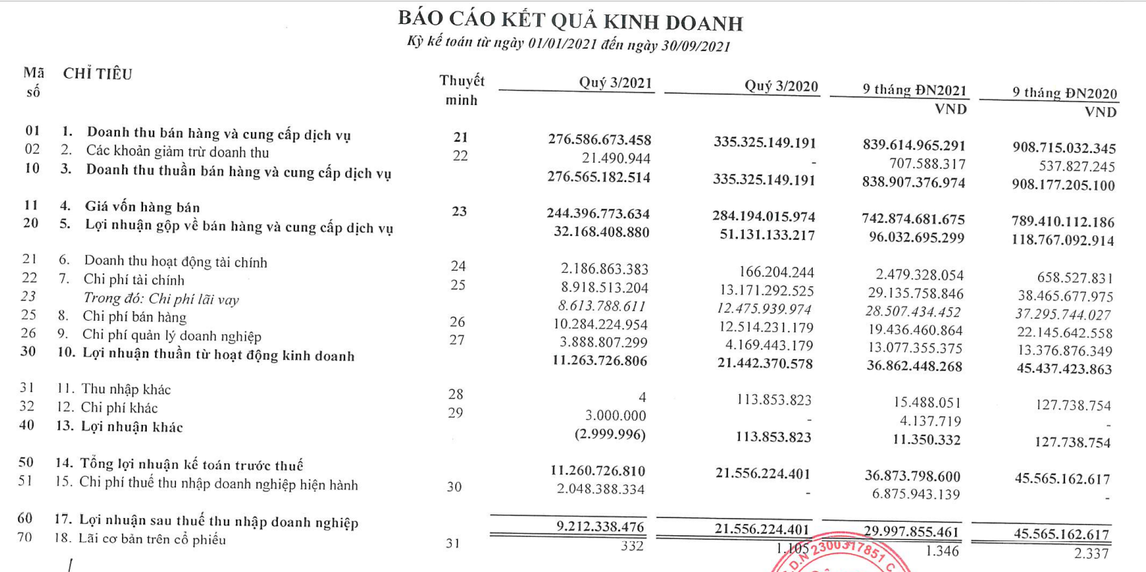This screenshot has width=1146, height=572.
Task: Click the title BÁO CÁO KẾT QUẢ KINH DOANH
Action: (572, 22)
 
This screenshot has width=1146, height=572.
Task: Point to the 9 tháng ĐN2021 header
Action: (915, 91)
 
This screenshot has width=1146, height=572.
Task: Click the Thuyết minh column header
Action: (461, 90)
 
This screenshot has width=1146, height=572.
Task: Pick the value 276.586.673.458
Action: (599, 140)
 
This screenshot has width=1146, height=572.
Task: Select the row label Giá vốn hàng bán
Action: (142, 208)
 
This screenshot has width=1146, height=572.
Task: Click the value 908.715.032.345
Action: (1064, 148)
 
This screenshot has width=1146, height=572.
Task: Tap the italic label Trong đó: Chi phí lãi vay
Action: (161, 299)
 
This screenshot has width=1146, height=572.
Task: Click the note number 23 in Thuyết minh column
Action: (460, 211)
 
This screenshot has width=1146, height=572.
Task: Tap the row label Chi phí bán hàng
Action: (135, 317)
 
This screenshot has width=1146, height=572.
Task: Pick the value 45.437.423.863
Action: (1064, 369)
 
